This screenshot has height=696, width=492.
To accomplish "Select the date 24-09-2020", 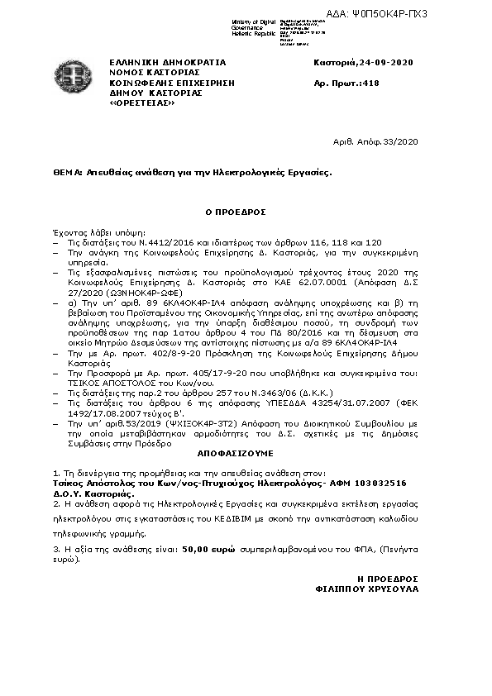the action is click(x=388, y=63).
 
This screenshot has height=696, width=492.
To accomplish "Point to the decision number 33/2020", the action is click(x=404, y=142).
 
